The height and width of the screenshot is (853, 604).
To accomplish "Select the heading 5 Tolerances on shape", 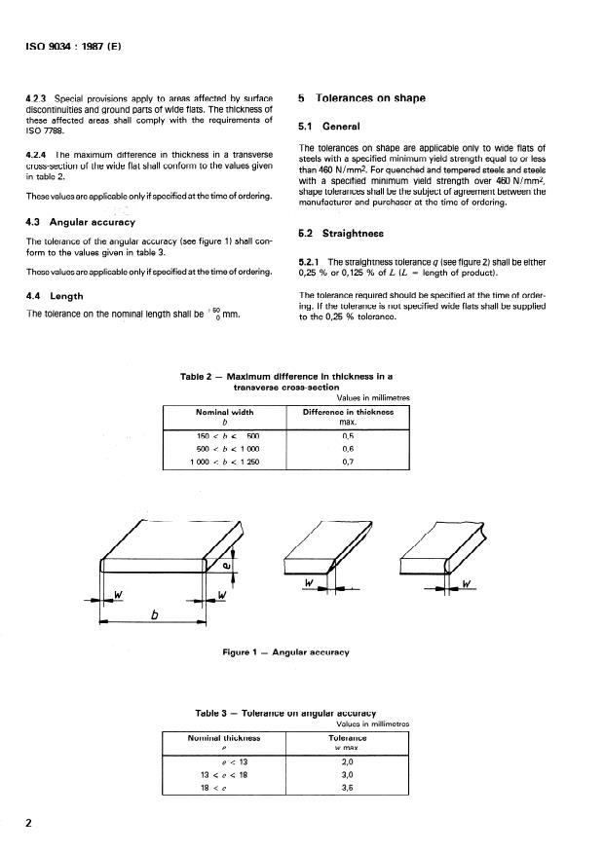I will pyautogui.click(x=359, y=98).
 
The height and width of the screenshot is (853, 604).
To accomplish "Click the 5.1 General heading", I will pyautogui.click(x=328, y=127).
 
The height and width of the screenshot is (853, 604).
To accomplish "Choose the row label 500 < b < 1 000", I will pyautogui.click(x=224, y=449).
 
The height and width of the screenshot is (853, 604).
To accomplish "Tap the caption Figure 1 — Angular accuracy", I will pyautogui.click(x=285, y=651).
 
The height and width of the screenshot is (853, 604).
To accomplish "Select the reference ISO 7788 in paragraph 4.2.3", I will pyautogui.click(x=48, y=130).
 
